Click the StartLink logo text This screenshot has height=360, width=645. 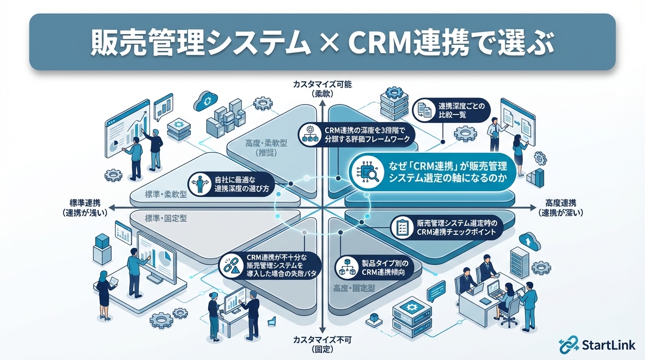(608, 345)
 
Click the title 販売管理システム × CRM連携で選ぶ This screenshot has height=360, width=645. (322, 43)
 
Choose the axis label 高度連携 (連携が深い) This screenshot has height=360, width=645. (561, 207)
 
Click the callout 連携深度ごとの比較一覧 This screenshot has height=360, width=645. (452, 110)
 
